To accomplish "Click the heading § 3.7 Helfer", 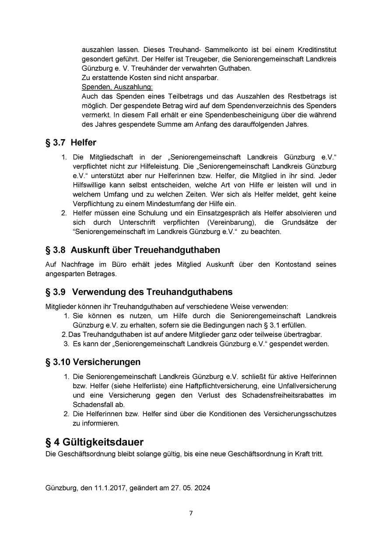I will point(71,143).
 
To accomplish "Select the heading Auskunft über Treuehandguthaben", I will point(145,250).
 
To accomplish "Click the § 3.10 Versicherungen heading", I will point(93,362).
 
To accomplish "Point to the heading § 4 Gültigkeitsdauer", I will point(95,442).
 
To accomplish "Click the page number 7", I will point(191,513).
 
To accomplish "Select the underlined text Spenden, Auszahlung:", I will point(117,87).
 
